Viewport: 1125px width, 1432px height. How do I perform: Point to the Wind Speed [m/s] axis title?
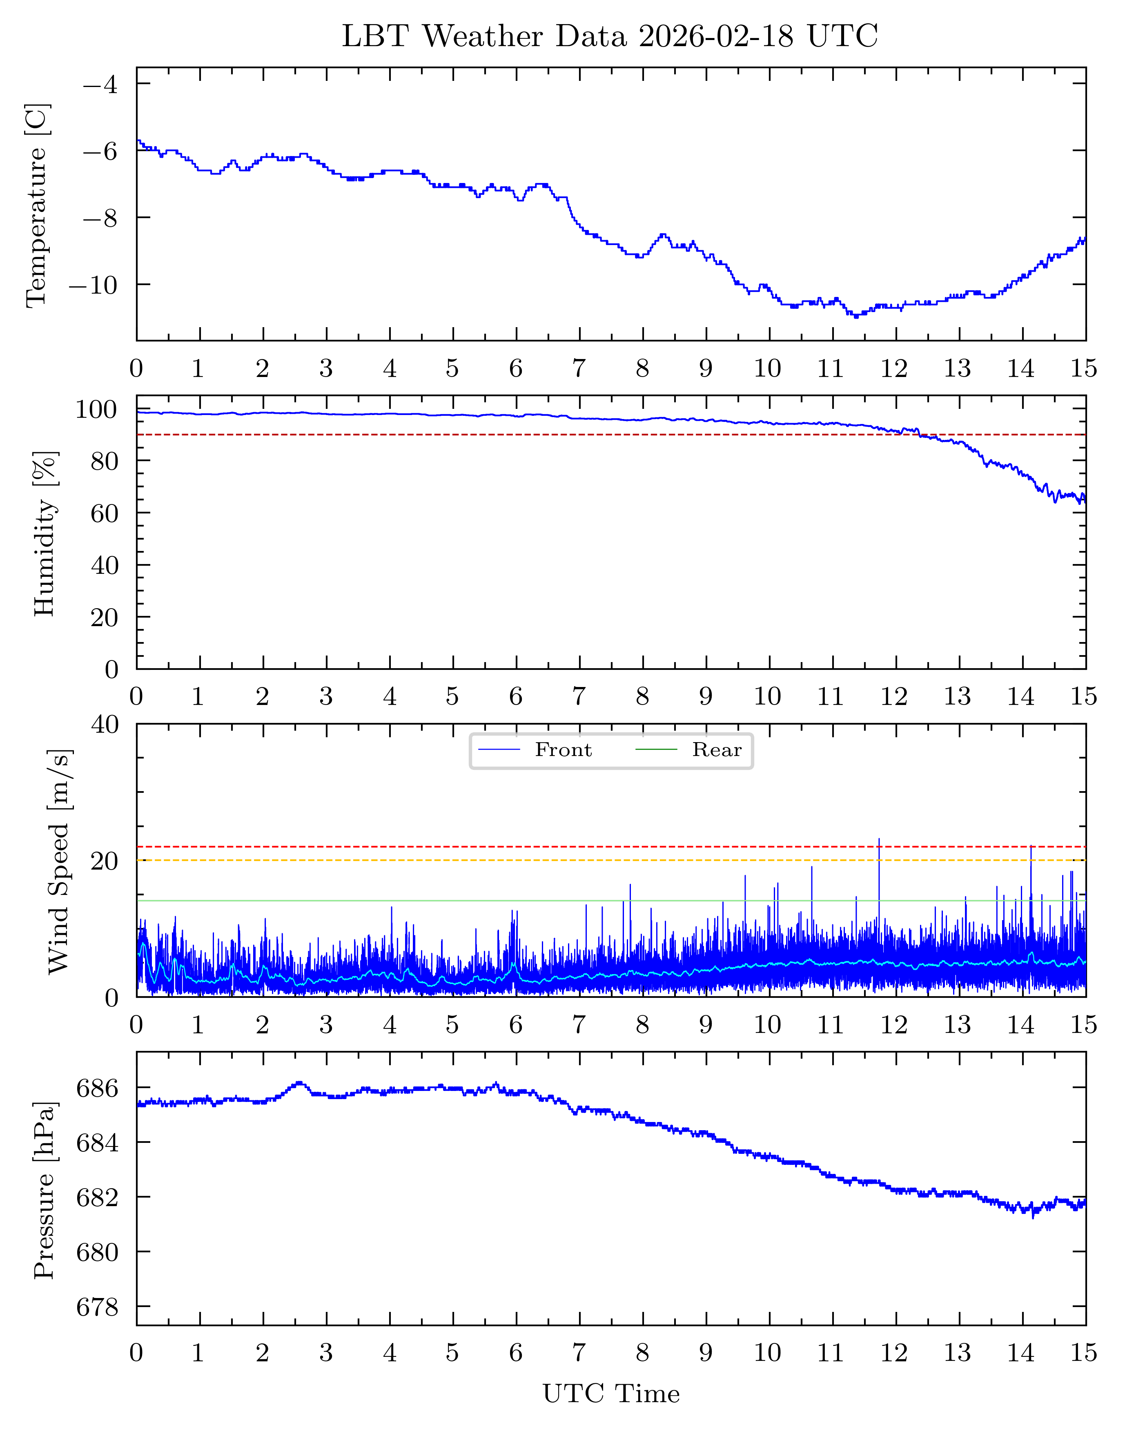(59, 861)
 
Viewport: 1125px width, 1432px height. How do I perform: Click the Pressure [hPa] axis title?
(45, 1190)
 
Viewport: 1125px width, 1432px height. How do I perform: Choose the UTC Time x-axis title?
(610, 1394)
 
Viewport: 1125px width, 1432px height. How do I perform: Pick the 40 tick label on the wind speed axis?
(105, 725)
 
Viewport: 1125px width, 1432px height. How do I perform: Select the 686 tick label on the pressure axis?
(98, 1088)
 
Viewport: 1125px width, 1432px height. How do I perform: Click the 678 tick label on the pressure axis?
(98, 1307)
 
